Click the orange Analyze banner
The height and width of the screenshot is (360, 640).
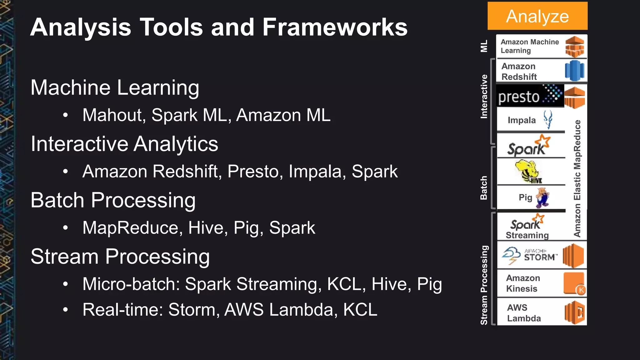(x=537, y=16)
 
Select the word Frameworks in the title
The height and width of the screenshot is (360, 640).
(x=335, y=27)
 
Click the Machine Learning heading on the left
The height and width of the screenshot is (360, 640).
(x=115, y=87)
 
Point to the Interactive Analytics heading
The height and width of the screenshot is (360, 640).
(x=124, y=144)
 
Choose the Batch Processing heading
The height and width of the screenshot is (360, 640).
(x=113, y=200)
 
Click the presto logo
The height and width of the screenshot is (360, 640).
(x=530, y=96)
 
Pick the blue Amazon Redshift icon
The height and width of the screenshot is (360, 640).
(x=574, y=71)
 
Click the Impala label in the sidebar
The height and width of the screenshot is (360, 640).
(x=522, y=120)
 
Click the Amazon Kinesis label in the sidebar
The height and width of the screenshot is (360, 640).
(x=523, y=283)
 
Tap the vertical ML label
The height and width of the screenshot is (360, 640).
(x=484, y=46)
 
